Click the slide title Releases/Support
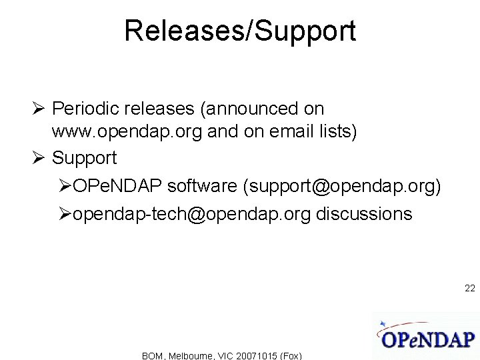point(240,31)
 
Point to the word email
point(288,132)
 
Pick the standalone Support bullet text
point(84,158)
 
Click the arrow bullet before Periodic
point(39,109)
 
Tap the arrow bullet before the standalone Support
point(39,158)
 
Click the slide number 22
point(469,289)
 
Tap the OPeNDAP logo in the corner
point(426,337)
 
